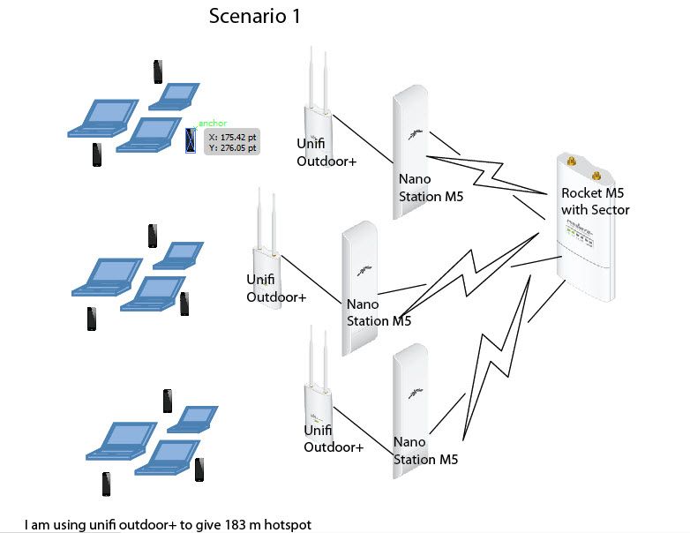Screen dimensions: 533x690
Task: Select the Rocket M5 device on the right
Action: tap(583, 222)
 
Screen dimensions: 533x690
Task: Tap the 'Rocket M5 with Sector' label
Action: tap(596, 201)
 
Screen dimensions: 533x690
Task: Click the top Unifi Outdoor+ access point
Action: tap(318, 115)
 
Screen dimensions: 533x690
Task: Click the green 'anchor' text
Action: tap(214, 123)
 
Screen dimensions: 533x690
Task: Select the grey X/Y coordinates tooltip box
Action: tap(232, 142)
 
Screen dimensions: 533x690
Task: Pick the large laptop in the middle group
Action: tap(106, 276)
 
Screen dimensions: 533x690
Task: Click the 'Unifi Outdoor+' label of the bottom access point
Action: tap(334, 439)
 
